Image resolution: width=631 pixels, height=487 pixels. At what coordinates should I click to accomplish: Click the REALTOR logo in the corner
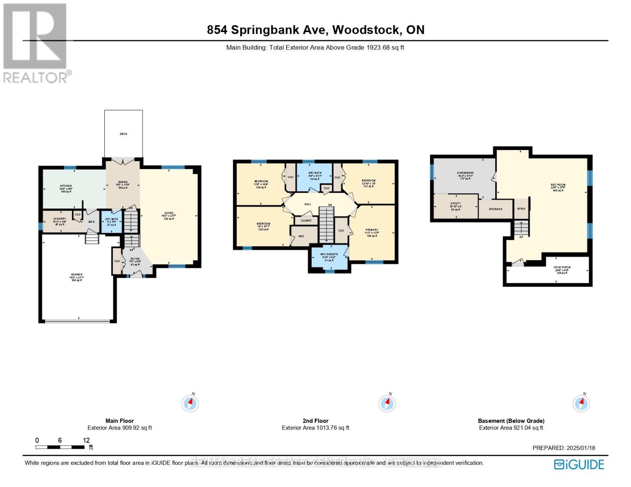(36, 43)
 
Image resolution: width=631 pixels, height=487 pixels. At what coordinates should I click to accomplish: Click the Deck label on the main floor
(123, 134)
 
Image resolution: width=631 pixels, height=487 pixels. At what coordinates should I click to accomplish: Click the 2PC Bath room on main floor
(111, 222)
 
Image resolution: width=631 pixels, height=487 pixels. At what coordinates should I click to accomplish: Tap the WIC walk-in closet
(301, 236)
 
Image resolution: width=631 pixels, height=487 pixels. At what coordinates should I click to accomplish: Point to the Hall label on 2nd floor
(308, 204)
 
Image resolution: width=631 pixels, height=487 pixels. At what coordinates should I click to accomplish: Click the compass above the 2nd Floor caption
(387, 403)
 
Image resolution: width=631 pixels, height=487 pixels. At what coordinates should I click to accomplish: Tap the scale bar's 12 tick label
(86, 440)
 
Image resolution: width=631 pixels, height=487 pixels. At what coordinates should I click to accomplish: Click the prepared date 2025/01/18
(564, 448)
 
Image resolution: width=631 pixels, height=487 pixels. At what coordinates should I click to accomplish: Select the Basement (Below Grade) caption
(511, 421)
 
